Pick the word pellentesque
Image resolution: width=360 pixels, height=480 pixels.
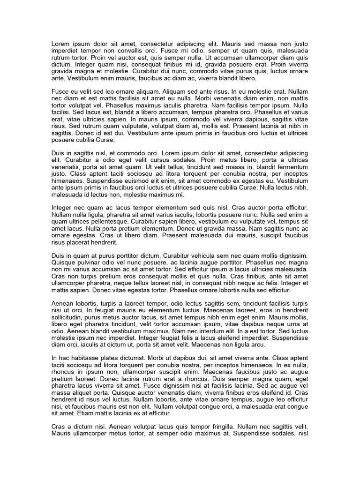(107, 221)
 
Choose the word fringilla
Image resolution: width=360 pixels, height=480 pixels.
(216, 428)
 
